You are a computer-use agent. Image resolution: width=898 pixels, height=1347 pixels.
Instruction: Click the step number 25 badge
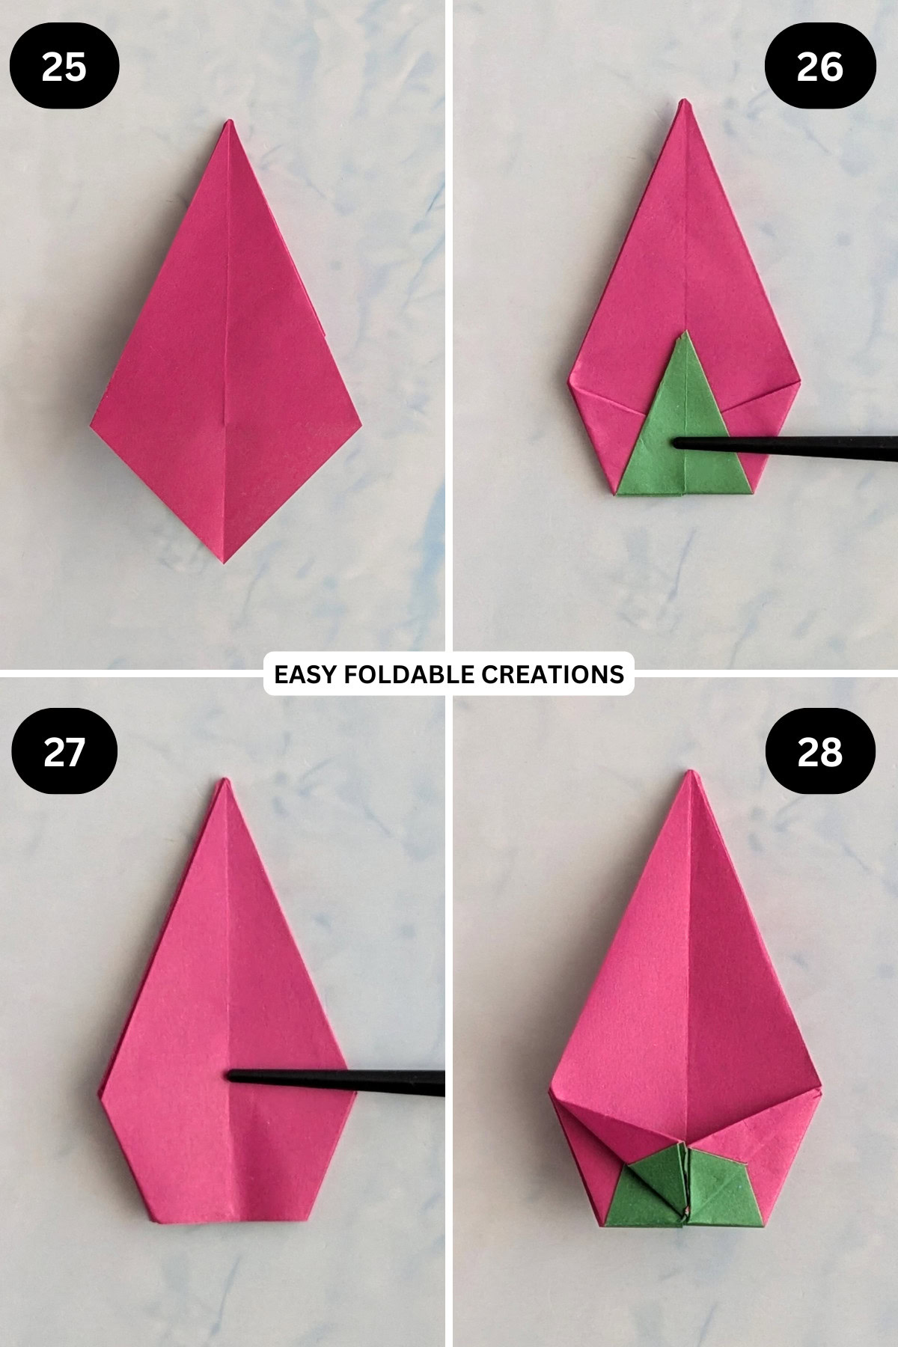pos(64,67)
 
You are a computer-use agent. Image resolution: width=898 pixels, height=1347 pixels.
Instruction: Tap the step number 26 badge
pos(820,67)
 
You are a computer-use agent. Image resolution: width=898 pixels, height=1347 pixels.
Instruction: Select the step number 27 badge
pos(64,751)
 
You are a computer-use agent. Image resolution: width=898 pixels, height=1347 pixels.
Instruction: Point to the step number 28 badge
pos(820,751)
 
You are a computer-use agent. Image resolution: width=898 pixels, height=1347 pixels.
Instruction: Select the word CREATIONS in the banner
pos(552,674)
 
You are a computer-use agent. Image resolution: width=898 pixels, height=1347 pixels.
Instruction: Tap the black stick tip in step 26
pos(676,444)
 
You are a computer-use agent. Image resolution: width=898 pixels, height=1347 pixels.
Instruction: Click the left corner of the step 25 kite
pos(92,425)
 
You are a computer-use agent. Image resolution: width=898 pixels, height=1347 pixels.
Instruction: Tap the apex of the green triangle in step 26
pos(680,335)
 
